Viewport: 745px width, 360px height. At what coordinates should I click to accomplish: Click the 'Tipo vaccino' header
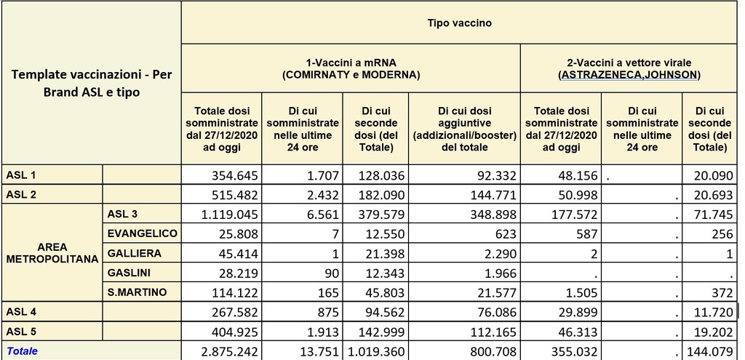[x=459, y=23]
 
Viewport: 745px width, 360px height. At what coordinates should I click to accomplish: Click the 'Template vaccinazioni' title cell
[x=90, y=84]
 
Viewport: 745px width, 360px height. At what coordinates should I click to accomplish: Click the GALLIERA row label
[x=130, y=252]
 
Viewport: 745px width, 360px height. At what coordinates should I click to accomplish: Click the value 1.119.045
[x=222, y=214]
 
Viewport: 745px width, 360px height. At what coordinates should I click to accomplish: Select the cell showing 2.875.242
[x=222, y=351]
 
